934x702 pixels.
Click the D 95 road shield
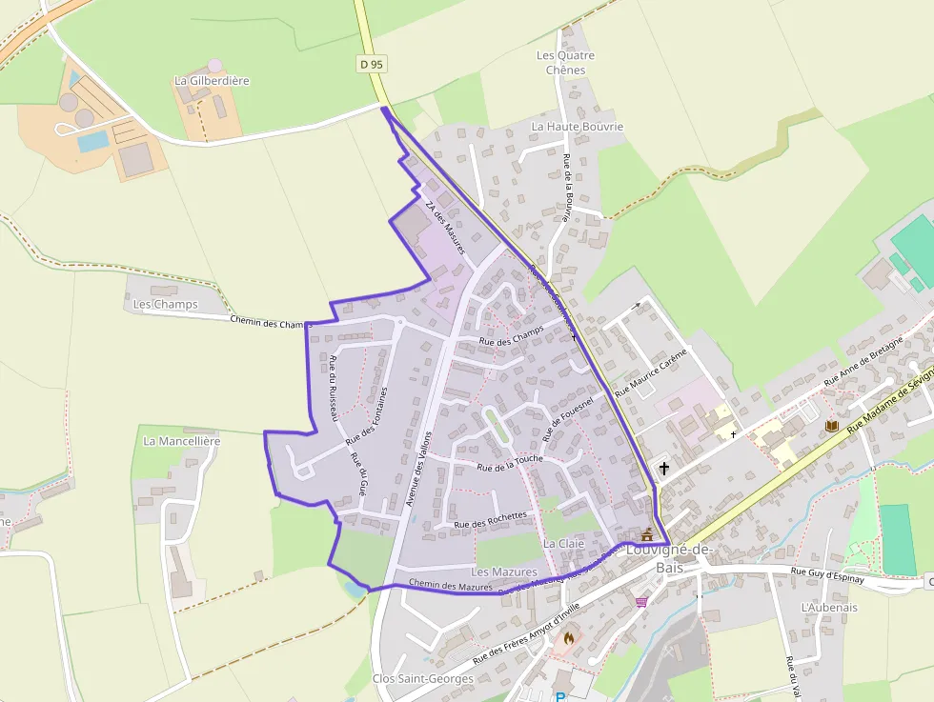coord(372,64)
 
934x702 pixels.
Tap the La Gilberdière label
coord(212,81)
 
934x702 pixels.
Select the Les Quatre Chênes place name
coord(565,63)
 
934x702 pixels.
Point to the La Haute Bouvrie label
coord(577,126)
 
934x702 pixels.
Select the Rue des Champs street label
coord(511,336)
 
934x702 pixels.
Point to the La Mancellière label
coord(181,441)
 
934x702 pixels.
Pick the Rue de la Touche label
coord(510,463)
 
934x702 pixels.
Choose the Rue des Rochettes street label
coord(491,520)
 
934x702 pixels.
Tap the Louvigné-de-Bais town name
coord(669,558)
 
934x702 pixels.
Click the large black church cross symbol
coord(663,469)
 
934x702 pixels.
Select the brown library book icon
coord(831,426)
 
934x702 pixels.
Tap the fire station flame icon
coord(569,638)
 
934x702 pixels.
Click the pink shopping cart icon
coord(641,602)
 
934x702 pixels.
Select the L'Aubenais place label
coord(829,607)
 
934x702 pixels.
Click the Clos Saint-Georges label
coord(422,678)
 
